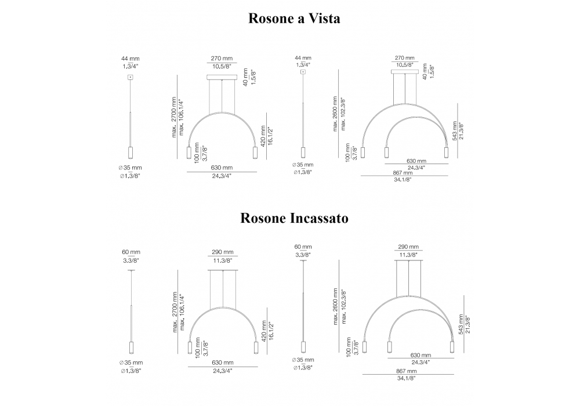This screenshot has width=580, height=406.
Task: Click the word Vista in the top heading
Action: pos(322,18)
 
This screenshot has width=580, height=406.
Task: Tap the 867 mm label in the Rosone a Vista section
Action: pos(403,173)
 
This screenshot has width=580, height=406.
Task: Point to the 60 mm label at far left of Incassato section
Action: pos(130,252)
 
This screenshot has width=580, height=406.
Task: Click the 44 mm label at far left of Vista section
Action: pos(130,59)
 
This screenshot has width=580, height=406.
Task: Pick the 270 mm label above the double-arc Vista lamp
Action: pos(404,58)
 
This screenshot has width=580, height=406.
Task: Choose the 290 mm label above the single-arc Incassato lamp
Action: pos(223,252)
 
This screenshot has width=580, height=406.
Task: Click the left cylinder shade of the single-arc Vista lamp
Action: pos(188,153)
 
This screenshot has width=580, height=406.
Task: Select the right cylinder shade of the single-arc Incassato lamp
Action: pos(255,348)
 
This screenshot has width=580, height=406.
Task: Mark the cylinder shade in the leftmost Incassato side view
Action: pos(130,348)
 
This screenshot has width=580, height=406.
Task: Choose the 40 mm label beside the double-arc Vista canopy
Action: pos(425,72)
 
